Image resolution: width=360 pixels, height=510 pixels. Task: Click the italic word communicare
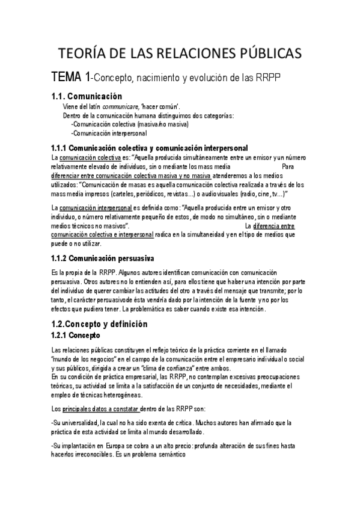[120, 106]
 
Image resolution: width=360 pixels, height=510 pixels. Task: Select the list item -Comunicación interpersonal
[109, 133]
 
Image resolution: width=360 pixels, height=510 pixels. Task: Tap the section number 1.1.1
[59, 148]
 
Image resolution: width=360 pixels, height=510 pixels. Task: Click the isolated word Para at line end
[287, 167]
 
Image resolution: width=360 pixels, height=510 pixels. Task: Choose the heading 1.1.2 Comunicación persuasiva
[103, 258]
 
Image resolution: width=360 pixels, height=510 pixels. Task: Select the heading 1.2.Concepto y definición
[99, 324]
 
